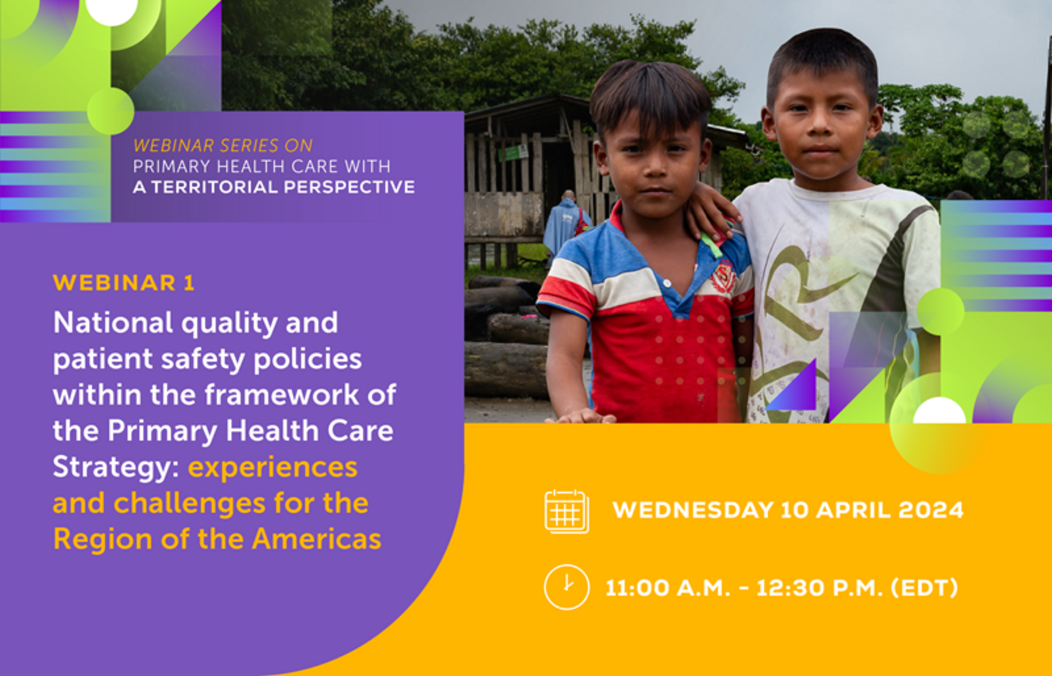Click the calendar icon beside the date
pos(567,511)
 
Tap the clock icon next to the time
pos(567,587)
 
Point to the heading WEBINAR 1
pos(124,283)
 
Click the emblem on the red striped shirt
pos(723,277)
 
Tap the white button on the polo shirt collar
pos(667,283)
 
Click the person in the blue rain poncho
pos(566,225)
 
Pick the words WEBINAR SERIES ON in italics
pos(223,145)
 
